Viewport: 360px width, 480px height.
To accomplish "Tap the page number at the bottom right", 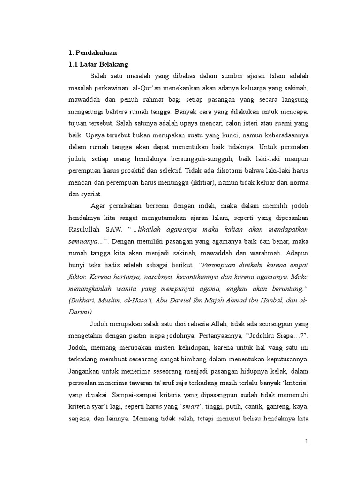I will coord(307,442).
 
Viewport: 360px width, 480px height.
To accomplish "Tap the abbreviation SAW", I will coord(115,229).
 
